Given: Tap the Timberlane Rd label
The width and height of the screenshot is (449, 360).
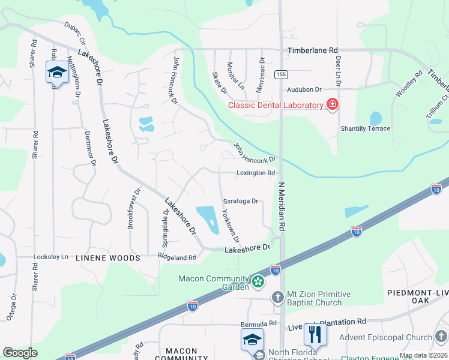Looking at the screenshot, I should [313, 51].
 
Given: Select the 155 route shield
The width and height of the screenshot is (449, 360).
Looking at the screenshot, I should [280, 74].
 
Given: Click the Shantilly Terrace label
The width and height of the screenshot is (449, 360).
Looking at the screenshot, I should [366, 128].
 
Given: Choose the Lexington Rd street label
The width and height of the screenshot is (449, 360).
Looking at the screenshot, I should [255, 173].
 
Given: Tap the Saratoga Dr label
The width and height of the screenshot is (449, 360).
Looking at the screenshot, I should [240, 202].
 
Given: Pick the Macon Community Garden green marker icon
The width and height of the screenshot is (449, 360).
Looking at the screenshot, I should [258, 281].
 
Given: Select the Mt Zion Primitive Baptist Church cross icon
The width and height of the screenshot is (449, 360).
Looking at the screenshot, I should [277, 297].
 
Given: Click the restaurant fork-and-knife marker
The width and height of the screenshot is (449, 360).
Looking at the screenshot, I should [315, 335].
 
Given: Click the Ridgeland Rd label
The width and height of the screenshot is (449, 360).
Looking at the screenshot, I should [176, 257].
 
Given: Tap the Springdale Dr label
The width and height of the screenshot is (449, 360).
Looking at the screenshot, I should [164, 212].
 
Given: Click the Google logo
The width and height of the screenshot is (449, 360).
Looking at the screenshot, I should [20, 353].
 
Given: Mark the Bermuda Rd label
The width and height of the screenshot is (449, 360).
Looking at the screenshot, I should [258, 323].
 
